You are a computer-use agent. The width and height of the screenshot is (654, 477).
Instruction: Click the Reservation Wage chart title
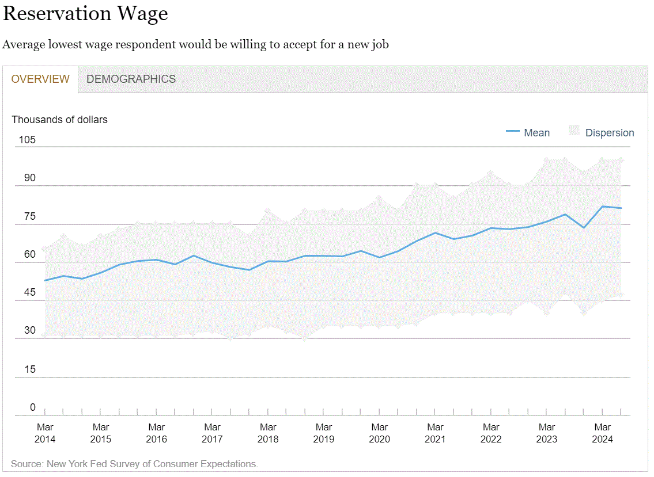pos(85,14)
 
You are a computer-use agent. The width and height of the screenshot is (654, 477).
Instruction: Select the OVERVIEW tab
pos(40,79)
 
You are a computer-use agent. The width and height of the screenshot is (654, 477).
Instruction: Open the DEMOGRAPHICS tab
pos(131,79)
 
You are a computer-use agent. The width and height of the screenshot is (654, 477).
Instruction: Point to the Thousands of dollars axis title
pos(60,120)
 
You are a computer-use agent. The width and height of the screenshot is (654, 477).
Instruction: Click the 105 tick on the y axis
pos(27,140)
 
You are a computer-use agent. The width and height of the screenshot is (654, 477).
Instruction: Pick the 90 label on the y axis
pos(29,178)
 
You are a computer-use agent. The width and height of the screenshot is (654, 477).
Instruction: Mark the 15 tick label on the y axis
pos(29,369)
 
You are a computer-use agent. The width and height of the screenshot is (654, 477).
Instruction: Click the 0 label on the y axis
pos(32,407)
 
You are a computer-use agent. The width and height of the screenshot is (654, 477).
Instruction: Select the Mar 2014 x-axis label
pos(45,433)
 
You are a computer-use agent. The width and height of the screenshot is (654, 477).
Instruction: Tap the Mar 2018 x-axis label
pos(268,433)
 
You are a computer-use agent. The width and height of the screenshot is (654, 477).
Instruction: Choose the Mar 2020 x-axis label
pos(380,433)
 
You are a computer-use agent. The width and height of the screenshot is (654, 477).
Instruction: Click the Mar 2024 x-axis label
pos(603,433)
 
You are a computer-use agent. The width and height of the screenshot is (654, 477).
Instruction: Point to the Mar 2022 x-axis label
pos(491,433)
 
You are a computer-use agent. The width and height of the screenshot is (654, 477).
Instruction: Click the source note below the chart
pos(134,464)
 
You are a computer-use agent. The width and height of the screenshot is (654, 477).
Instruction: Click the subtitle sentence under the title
pos(196,44)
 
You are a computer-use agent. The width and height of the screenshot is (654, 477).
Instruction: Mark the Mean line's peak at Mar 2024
pos(603,206)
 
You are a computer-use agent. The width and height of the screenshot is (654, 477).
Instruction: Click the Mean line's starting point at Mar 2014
pos(45,280)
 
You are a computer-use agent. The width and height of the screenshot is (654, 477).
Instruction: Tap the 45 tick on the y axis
pos(29,292)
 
